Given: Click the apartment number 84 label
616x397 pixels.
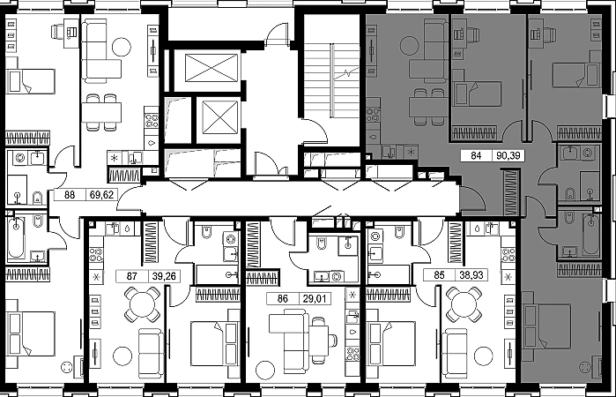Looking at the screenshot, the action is pyautogui.click(x=476, y=156).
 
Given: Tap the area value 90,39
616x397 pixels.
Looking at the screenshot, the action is pyautogui.click(x=508, y=156).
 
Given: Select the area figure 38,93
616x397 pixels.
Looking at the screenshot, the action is pyautogui.click(x=471, y=274).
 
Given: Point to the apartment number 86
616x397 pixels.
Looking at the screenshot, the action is pyautogui.click(x=283, y=299).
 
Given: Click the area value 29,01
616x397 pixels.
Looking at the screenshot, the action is pyautogui.click(x=315, y=299).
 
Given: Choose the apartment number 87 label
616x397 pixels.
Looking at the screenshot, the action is pyautogui.click(x=131, y=276).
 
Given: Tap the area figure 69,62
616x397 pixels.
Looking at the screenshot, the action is pyautogui.click(x=101, y=195).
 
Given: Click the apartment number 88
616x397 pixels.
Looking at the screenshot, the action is pyautogui.click(x=70, y=195).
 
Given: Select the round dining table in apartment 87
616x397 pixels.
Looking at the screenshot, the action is pyautogui.click(x=142, y=304).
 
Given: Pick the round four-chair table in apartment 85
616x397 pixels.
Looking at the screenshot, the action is pyautogui.click(x=464, y=303).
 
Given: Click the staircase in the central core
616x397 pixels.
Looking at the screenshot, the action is pyautogui.click(x=331, y=80).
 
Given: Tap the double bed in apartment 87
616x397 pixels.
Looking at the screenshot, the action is pyautogui.click(x=214, y=343).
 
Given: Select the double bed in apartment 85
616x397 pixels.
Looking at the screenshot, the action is pyautogui.click(x=390, y=343).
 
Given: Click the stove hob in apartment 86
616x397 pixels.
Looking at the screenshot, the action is pyautogui.click(x=353, y=354).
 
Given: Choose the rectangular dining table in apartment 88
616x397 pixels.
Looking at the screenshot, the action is pyautogui.click(x=101, y=112).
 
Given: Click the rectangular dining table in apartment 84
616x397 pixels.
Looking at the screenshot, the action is pyautogui.click(x=428, y=107).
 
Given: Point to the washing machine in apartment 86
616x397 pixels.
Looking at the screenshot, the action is pyautogui.click(x=336, y=276).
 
